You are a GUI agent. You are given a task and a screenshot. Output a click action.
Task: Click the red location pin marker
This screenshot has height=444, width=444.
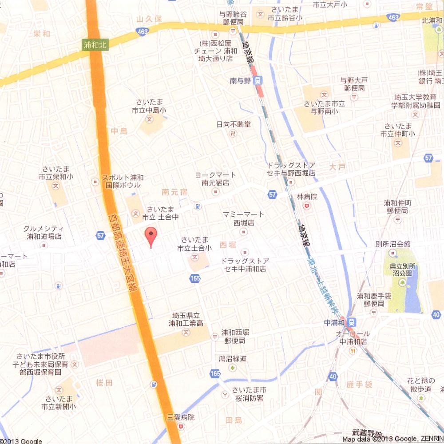(151, 236)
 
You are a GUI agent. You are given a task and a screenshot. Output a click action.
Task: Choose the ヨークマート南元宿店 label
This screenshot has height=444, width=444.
(216, 178)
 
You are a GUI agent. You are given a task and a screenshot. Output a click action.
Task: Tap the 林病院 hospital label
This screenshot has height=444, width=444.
(306, 197)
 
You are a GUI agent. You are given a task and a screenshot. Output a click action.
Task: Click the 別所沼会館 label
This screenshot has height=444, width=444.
(392, 244)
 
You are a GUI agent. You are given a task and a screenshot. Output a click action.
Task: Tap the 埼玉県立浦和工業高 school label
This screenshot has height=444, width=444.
(188, 319)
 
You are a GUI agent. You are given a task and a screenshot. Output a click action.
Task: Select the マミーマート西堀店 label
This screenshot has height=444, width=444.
(243, 218)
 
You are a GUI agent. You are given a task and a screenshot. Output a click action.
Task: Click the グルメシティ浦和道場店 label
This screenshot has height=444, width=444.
(43, 232)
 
